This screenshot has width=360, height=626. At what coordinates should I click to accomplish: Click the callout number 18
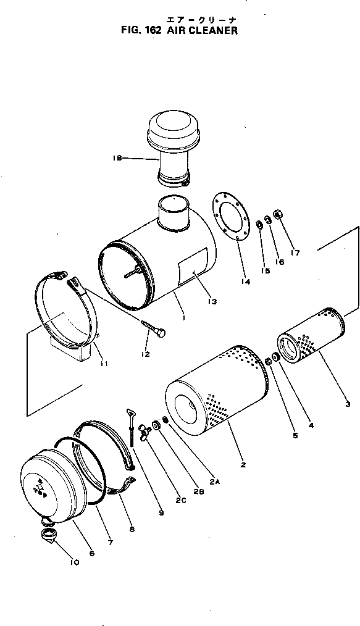point(117,159)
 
